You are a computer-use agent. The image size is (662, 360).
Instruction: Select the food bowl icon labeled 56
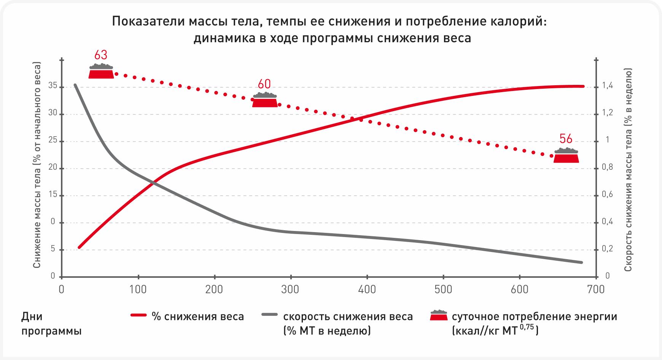tap(566, 155)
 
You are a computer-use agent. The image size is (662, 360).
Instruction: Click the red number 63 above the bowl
tap(101, 55)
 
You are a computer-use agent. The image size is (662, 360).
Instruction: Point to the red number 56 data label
tap(566, 139)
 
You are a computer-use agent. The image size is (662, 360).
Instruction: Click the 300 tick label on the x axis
tap(290, 290)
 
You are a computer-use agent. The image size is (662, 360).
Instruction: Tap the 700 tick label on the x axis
tap(596, 290)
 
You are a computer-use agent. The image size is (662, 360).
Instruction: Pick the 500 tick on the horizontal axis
tap(443, 290)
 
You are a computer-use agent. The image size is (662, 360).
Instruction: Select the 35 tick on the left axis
tap(53, 86)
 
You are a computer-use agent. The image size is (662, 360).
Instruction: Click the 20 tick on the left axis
tap(53, 167)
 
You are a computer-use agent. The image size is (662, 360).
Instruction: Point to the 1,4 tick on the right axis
tap(607, 86)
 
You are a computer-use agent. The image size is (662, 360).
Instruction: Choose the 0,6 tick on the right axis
tap(607, 194)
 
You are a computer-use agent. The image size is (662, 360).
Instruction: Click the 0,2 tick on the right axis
tap(607, 249)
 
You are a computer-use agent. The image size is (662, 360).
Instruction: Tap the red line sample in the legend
tap(138, 315)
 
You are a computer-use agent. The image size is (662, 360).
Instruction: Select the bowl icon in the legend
tap(439, 315)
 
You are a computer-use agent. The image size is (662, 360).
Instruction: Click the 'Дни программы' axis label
tap(51, 323)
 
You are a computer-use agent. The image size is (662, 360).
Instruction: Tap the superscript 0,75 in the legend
tap(527, 327)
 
